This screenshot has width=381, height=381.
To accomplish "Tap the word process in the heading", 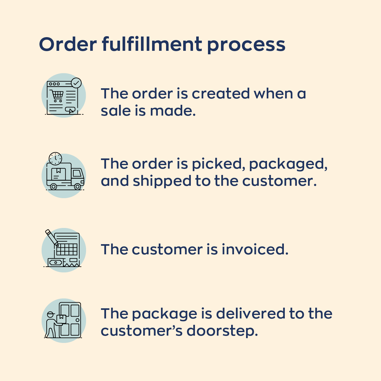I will pyautogui.click(x=246, y=45).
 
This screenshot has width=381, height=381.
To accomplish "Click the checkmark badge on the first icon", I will pyautogui.click(x=76, y=83).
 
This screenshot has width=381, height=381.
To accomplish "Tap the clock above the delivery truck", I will pyautogui.click(x=56, y=158).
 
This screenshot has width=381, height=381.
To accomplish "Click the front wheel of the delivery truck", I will pyautogui.click(x=77, y=187).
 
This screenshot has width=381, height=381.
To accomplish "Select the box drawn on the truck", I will pyautogui.click(x=58, y=173).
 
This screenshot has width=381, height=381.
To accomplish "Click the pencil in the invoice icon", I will pyautogui.click(x=52, y=237).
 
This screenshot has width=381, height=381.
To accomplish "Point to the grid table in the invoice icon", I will pyautogui.click(x=67, y=249).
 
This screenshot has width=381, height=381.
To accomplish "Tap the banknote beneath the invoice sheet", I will pyautogui.click(x=56, y=263).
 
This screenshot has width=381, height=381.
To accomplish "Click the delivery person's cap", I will pyautogui.click(x=50, y=315).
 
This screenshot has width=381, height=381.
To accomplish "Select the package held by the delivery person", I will pyautogui.click(x=61, y=319).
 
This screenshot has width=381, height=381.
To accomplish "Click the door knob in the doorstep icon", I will pyautogui.click(x=77, y=320).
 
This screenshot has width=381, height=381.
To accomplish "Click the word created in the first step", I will pyautogui.click(x=221, y=94).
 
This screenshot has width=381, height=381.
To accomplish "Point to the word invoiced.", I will pyautogui.click(x=255, y=250).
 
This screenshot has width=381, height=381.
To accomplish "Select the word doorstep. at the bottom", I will pyautogui.click(x=222, y=331).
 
